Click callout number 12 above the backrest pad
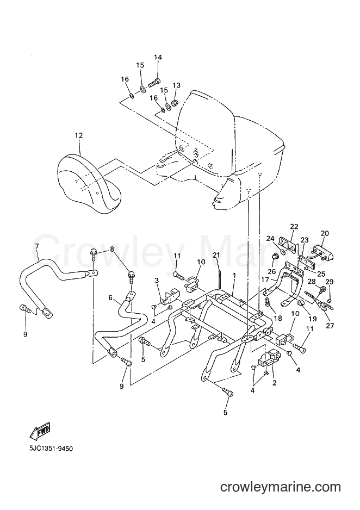coord(79,135)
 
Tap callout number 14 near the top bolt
coord(158,58)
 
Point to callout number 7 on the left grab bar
coord(37,246)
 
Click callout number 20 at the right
coord(325,233)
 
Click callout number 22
coord(294,227)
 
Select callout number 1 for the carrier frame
coord(234,276)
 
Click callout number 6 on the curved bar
coord(110,297)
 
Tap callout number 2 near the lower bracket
coord(274,383)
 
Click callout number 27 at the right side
coord(330,326)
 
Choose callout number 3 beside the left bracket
coord(157,280)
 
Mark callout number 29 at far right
coord(330,282)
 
